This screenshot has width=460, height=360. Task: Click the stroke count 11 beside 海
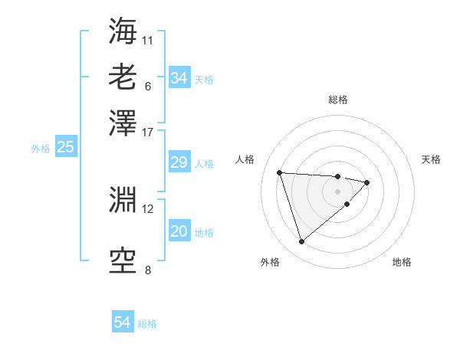click(x=148, y=39)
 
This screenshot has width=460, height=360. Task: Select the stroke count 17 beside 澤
click(x=148, y=131)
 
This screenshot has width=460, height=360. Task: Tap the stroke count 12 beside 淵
click(x=148, y=208)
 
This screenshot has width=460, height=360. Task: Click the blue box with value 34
click(x=179, y=78)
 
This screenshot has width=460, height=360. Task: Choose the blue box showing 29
click(x=179, y=162)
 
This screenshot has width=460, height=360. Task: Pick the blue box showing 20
click(x=179, y=232)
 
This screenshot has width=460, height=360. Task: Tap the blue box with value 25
click(x=65, y=148)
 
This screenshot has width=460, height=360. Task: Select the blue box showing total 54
click(x=123, y=322)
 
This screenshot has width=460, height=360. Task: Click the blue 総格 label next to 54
click(x=147, y=324)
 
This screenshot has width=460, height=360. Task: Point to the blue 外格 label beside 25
click(x=41, y=149)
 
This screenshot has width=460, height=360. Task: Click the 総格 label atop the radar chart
click(x=337, y=100)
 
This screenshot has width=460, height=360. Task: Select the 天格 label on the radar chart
click(x=431, y=159)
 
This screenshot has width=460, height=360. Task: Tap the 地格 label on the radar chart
click(x=402, y=262)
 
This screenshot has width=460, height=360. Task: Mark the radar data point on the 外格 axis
click(x=301, y=242)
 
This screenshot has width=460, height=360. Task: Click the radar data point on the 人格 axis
click(x=280, y=172)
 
